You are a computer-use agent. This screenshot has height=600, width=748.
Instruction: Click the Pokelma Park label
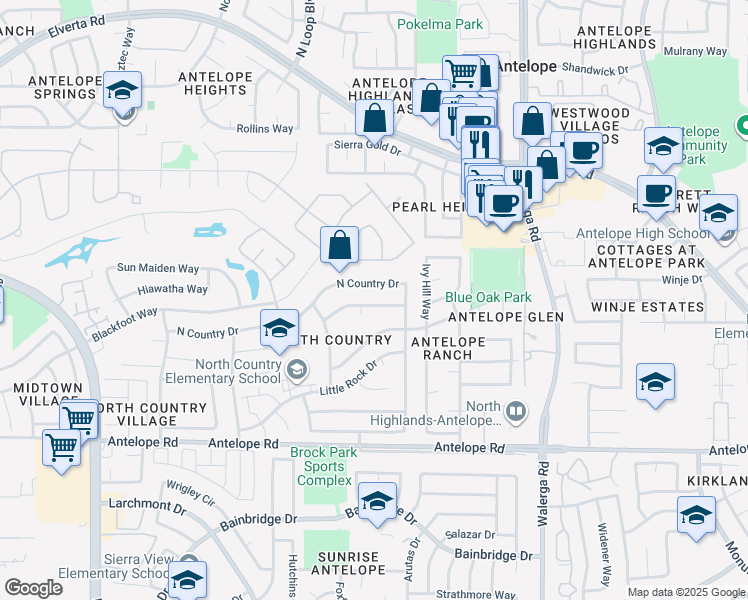pyautogui.click(x=440, y=24)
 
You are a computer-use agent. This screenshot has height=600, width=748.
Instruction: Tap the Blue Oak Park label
pyautogui.click(x=488, y=297)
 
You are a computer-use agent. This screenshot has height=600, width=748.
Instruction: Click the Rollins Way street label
pyautogui.click(x=265, y=129)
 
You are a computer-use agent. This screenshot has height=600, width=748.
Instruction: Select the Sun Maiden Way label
pyautogui.click(x=158, y=268)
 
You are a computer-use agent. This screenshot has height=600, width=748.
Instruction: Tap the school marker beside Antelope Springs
pyautogui.click(x=122, y=92)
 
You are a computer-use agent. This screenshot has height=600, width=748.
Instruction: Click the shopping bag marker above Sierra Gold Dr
pyautogui.click(x=374, y=119)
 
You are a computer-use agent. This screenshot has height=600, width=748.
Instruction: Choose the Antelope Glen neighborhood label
pyautogui.click(x=506, y=317)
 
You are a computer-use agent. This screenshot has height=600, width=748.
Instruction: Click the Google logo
pyautogui.click(x=34, y=588)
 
